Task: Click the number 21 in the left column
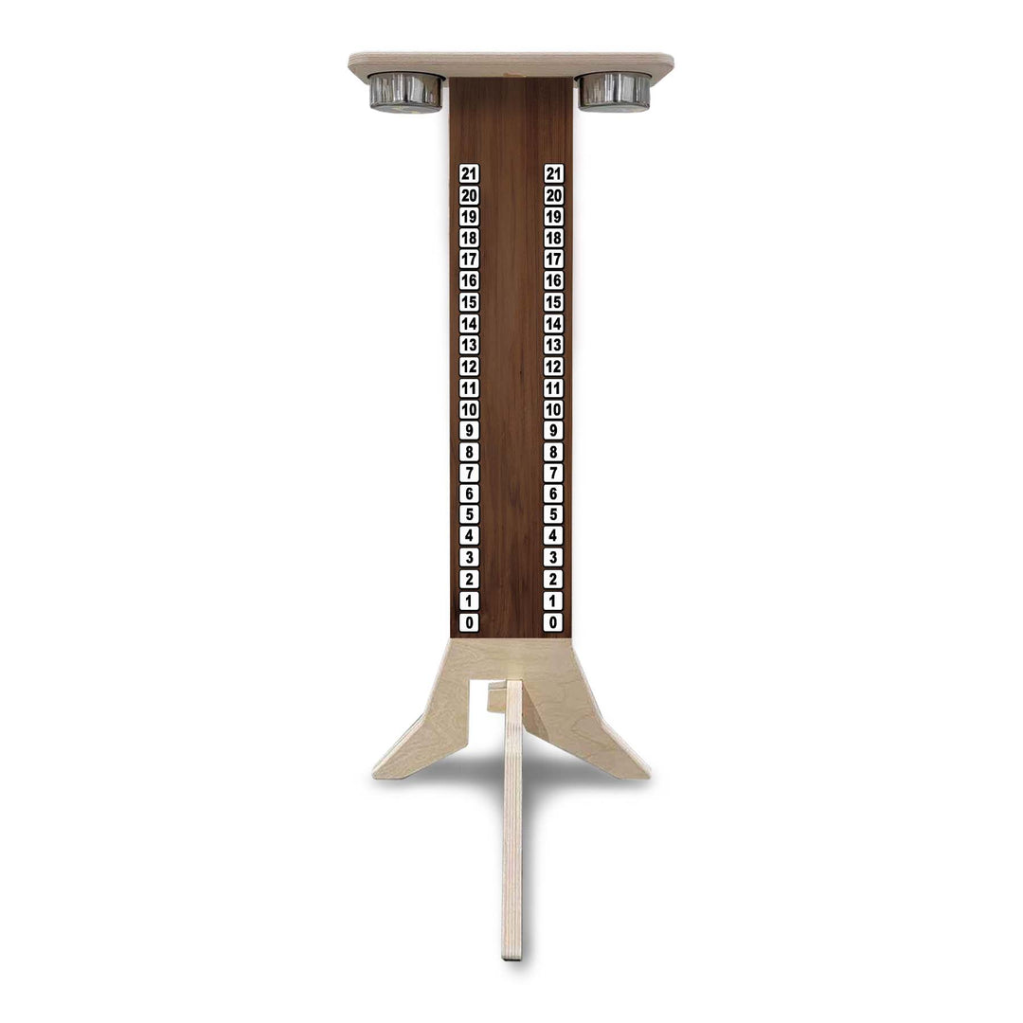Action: tap(469, 173)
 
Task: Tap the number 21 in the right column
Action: tap(554, 173)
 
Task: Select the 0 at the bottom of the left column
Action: tap(469, 622)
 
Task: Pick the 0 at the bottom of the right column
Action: tap(553, 622)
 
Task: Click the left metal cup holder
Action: tap(405, 91)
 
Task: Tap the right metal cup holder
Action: tap(615, 91)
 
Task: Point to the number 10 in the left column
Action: tap(469, 409)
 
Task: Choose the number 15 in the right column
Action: tap(554, 302)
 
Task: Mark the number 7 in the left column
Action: tap(469, 473)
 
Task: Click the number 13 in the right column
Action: tap(554, 345)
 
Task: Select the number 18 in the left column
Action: tap(469, 238)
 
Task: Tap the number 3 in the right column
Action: tap(553, 558)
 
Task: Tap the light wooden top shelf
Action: tap(511, 63)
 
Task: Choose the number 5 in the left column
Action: tap(469, 515)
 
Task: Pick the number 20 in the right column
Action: tap(554, 195)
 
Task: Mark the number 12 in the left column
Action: tap(469, 367)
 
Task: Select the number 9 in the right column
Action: tap(553, 430)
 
